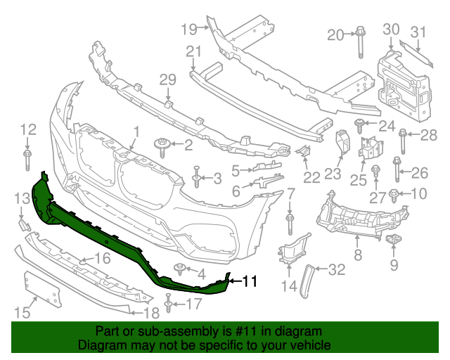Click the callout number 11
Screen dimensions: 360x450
tap(250, 282)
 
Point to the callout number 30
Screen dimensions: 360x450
tap(391, 29)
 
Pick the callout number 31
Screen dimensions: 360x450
tap(418, 31)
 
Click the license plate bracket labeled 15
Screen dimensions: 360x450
tap(41, 288)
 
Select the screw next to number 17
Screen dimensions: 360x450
tap(169, 304)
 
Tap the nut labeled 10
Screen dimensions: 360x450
tap(394, 194)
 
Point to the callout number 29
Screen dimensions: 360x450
tap(167, 79)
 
